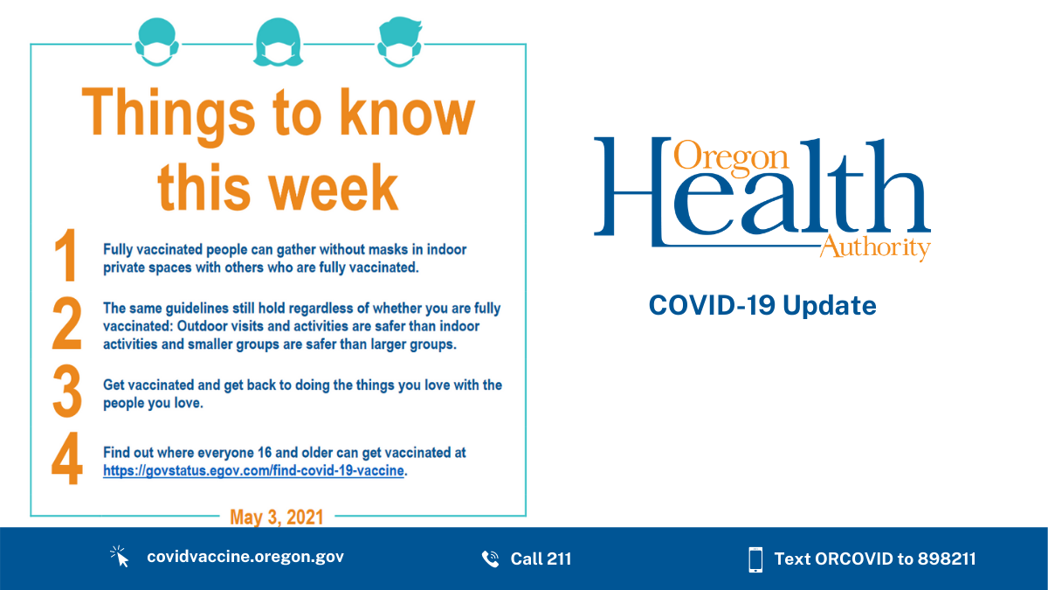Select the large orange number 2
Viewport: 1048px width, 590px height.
click(x=66, y=325)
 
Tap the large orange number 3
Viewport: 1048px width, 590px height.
click(x=66, y=393)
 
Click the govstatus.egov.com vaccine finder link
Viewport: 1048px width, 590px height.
click(x=254, y=471)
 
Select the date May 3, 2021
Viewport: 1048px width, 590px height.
click(x=276, y=517)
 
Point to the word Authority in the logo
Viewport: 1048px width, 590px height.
click(x=875, y=247)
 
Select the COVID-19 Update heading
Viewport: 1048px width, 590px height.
click(x=762, y=306)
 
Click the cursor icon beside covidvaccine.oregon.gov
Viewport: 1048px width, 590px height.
click(x=120, y=557)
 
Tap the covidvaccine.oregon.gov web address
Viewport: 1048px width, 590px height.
click(x=245, y=557)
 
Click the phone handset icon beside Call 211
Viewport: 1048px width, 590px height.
click(x=490, y=559)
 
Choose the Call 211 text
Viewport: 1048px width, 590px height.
click(x=541, y=559)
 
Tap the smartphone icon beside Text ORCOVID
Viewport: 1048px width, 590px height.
click(x=755, y=559)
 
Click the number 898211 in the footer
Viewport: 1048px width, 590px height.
click(x=947, y=559)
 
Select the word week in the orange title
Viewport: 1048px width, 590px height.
click(x=334, y=186)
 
